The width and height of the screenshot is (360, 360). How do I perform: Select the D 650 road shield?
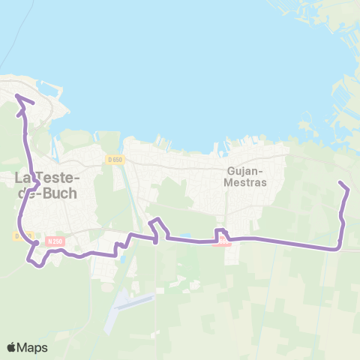pos(114,159)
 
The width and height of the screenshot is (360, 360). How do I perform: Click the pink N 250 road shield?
pos(55,241)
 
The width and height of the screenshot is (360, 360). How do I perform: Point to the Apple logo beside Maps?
pos(12,347)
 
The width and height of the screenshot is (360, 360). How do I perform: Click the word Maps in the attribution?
pos(32,347)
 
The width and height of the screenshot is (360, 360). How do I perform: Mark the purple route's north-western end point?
pos(18,95)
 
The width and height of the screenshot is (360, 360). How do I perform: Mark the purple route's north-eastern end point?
pos(340,182)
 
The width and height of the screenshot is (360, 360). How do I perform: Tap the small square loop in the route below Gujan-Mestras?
pos(221,234)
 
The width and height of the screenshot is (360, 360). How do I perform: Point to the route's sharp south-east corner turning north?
pos(340,247)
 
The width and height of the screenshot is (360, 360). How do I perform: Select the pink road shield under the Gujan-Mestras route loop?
pos(223,244)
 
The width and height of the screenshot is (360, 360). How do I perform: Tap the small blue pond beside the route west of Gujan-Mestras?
pos(184,236)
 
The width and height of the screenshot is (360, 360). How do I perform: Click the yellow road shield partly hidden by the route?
pos(21,235)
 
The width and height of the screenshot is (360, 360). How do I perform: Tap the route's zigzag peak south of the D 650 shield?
pos(157,220)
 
